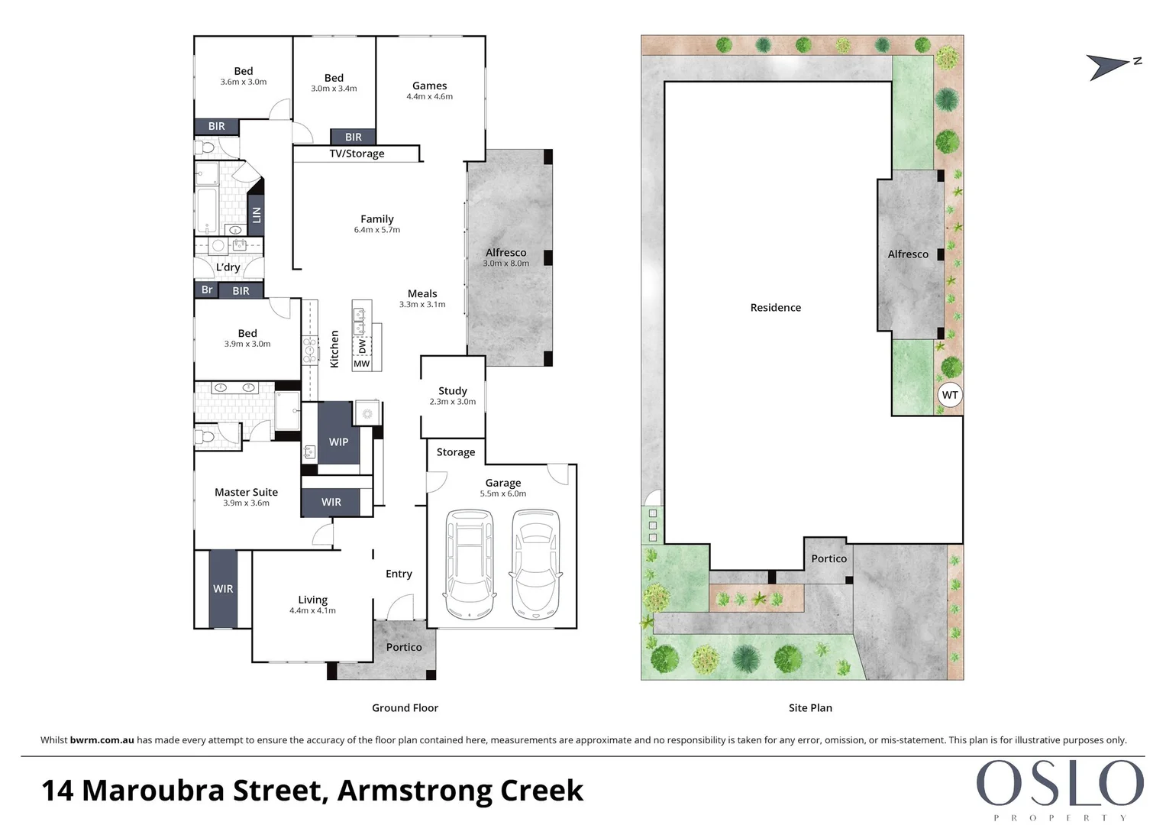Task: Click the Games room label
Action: pyautogui.click(x=429, y=86)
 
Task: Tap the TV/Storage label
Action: pyautogui.click(x=357, y=154)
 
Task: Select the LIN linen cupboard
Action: pyautogui.click(x=257, y=215)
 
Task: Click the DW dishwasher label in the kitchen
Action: pyautogui.click(x=362, y=346)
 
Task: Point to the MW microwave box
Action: pyautogui.click(x=361, y=364)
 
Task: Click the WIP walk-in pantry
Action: pyautogui.click(x=338, y=442)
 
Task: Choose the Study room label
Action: pyautogui.click(x=452, y=391)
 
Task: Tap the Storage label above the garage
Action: pyautogui.click(x=455, y=452)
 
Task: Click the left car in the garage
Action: pyautogui.click(x=470, y=564)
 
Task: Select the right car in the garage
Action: pyautogui.click(x=536, y=564)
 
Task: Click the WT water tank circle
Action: pyautogui.click(x=950, y=395)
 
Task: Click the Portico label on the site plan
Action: pyautogui.click(x=828, y=558)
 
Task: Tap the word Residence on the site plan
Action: pyautogui.click(x=775, y=308)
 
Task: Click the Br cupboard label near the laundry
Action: pyautogui.click(x=206, y=290)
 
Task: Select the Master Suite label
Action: pyautogui.click(x=246, y=493)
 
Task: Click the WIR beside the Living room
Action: pyautogui.click(x=223, y=589)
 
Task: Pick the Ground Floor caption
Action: pyautogui.click(x=405, y=708)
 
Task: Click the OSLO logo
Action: pyautogui.click(x=1059, y=784)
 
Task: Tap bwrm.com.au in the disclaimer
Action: pyautogui.click(x=102, y=740)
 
